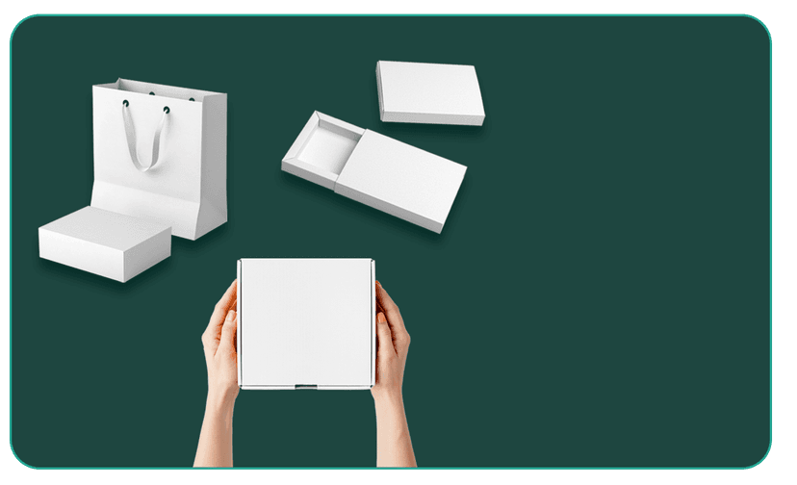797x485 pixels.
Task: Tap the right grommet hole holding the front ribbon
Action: (x=166, y=111)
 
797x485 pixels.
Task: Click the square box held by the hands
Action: (x=306, y=321)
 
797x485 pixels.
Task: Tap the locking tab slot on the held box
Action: (x=305, y=386)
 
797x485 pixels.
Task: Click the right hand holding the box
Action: (x=392, y=337)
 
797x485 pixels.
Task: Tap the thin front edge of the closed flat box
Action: (x=430, y=118)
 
